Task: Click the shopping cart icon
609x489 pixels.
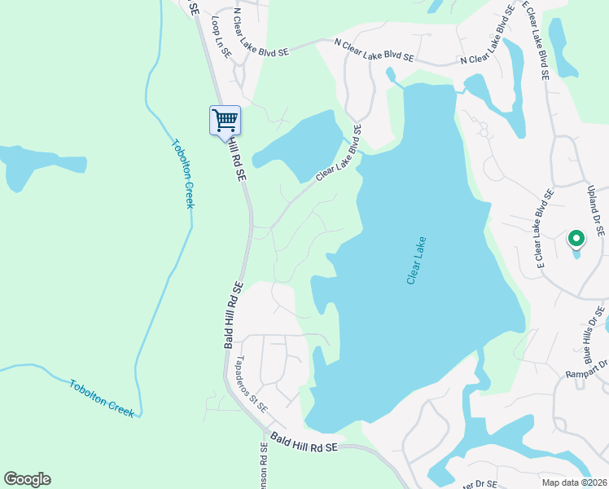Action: coord(225,121)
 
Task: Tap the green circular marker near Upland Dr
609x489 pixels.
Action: coord(576,239)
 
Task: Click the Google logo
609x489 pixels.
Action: coord(27,479)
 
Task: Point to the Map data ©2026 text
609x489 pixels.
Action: coord(575,482)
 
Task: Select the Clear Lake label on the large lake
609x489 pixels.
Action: coord(416,261)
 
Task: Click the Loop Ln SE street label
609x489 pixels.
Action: coord(221,36)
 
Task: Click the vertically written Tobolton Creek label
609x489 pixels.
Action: coord(182,174)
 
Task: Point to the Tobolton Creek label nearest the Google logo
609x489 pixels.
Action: coord(101,398)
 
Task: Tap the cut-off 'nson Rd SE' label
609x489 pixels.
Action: coord(264,465)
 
